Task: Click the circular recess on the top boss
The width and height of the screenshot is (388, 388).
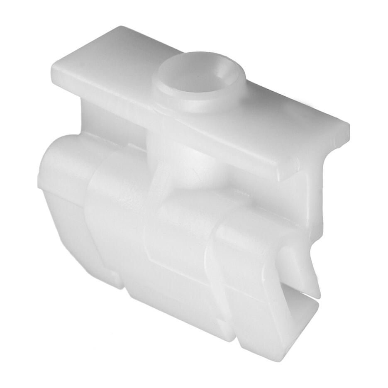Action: [198, 75]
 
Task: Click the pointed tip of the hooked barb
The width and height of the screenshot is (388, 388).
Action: [318, 297]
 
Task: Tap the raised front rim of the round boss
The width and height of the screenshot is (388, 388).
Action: [195, 104]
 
